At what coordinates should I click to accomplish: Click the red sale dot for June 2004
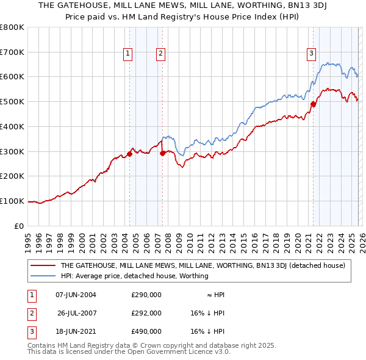click(x=129, y=154)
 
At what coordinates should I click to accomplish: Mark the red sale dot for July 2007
click(x=163, y=153)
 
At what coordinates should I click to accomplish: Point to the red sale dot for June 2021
click(x=313, y=104)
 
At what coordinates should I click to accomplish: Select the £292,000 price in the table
click(x=146, y=313)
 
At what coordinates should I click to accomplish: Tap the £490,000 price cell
click(x=146, y=331)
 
